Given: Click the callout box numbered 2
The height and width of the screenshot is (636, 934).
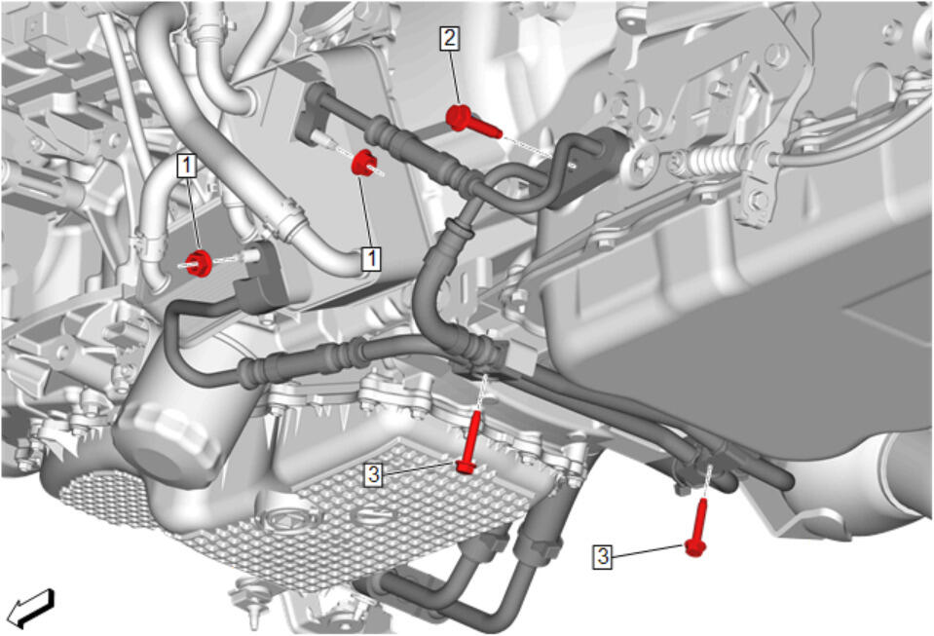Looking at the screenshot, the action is tap(449, 39).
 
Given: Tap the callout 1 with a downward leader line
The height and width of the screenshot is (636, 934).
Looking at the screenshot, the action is tap(187, 166).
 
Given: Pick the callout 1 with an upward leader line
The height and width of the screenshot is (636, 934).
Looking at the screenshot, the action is tap(372, 258).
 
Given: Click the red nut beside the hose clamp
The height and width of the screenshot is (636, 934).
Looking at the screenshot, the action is tap(199, 263).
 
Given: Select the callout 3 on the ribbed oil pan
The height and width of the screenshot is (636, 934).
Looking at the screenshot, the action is tap(373, 474).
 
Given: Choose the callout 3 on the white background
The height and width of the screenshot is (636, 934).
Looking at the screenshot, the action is tap(603, 555).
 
